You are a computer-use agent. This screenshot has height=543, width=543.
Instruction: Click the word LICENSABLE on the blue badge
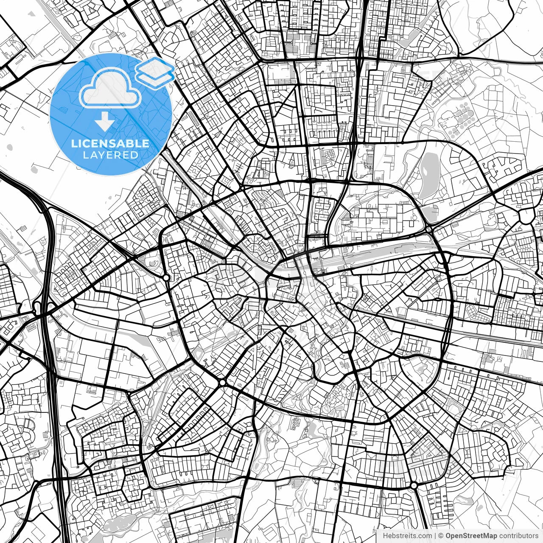[x=110, y=143]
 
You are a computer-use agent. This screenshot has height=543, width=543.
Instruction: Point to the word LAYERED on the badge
[x=110, y=155]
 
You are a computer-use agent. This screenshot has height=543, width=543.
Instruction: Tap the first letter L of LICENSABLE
[x=74, y=143]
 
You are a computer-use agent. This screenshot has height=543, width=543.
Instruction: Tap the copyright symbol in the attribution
[x=441, y=536]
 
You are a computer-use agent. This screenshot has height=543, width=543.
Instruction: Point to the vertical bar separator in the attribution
[x=435, y=536]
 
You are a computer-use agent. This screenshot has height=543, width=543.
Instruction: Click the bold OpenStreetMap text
[x=471, y=536]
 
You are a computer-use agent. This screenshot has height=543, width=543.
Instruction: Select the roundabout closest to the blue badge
[x=166, y=277]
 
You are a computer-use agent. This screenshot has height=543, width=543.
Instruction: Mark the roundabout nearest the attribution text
[x=414, y=485]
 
